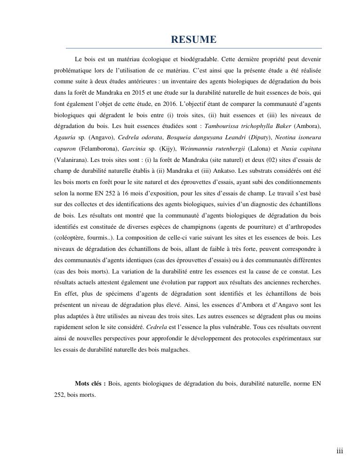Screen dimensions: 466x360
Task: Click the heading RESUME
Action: click(194, 40)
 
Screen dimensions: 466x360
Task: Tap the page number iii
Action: click(340, 451)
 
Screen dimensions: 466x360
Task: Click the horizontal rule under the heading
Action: click(194, 48)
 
